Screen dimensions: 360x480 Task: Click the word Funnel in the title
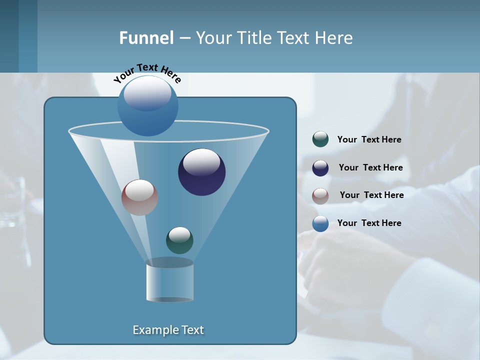[x=146, y=38]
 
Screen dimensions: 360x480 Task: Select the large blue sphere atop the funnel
[x=148, y=106]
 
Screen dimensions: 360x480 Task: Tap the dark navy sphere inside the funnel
[x=202, y=172]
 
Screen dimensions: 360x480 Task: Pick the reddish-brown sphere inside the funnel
[x=139, y=197]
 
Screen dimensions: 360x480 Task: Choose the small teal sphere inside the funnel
[x=179, y=240]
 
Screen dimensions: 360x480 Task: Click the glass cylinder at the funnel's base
[x=169, y=283]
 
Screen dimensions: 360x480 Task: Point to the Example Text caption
[x=168, y=330]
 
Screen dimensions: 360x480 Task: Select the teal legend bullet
[x=320, y=139]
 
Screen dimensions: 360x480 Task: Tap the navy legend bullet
[x=320, y=168]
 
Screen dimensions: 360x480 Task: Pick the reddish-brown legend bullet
[x=320, y=195]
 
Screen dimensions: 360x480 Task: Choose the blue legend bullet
[x=320, y=223]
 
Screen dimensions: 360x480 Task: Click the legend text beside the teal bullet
[x=369, y=140]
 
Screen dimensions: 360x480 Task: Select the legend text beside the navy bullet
[x=370, y=168]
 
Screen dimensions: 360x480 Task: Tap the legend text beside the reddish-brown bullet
[x=371, y=195]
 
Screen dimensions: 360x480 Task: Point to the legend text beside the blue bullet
[x=369, y=223]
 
